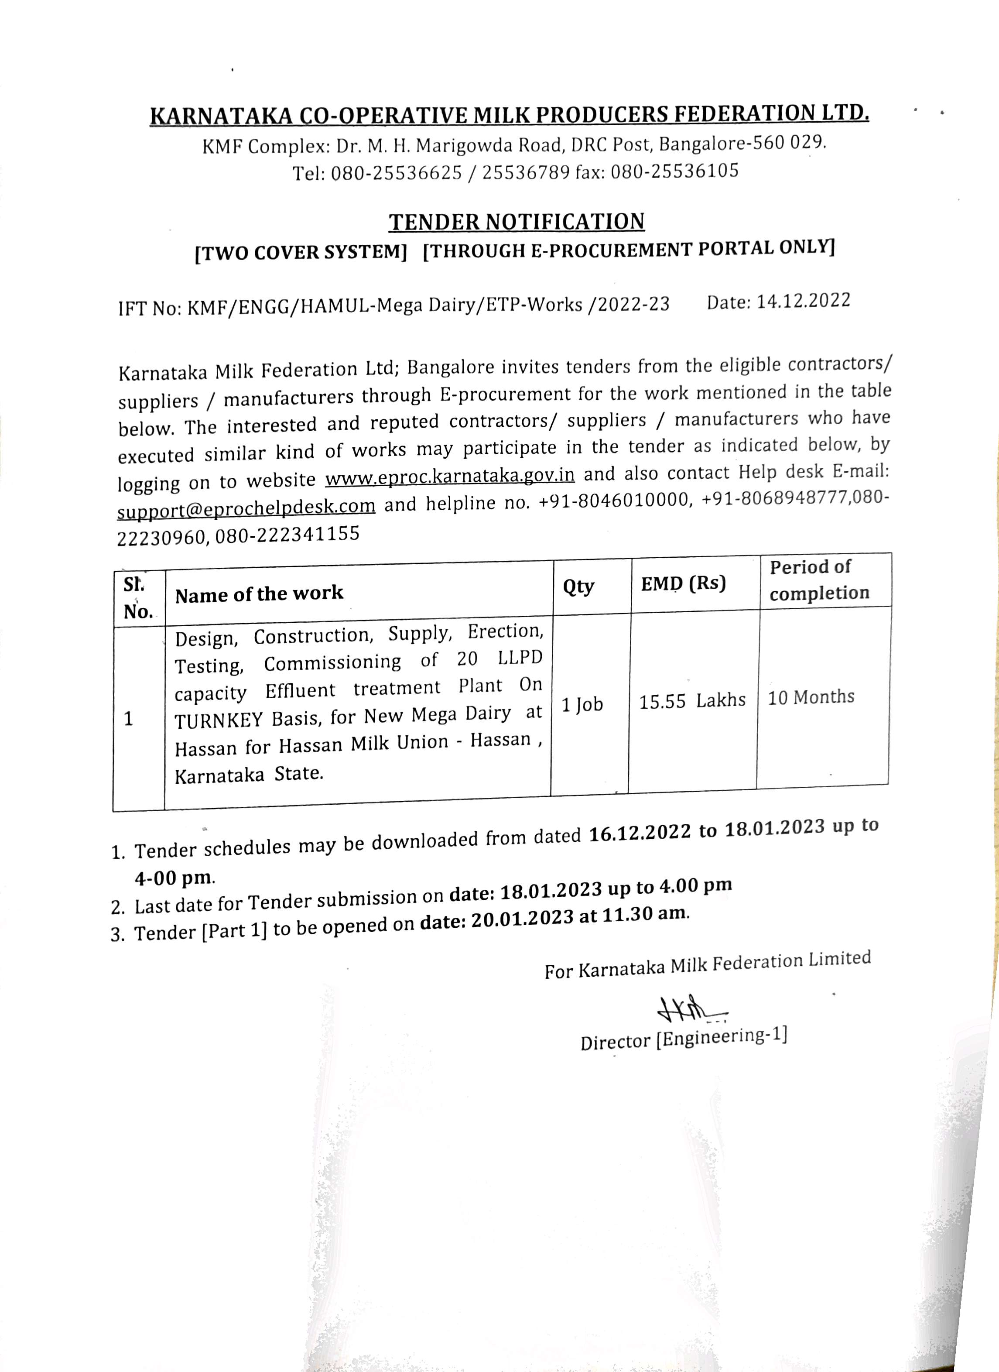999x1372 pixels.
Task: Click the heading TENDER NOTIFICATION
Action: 517,222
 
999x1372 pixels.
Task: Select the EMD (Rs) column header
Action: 683,583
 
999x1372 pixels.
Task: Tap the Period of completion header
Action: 819,580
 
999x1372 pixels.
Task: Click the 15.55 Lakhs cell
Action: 692,700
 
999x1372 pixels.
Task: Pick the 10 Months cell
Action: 811,697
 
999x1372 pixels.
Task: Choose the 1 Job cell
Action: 582,704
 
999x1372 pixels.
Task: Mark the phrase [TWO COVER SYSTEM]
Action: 301,252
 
